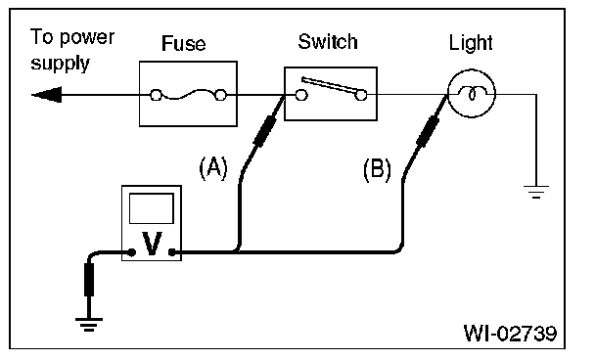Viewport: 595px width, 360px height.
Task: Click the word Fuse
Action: (184, 43)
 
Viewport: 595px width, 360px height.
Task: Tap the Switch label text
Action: (328, 41)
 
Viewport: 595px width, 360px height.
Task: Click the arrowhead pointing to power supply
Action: (46, 95)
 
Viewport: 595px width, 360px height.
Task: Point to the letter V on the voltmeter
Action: (152, 244)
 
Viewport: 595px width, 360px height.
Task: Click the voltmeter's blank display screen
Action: (152, 208)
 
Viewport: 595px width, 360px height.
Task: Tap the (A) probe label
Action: (213, 167)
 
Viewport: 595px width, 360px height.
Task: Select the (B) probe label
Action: (377, 169)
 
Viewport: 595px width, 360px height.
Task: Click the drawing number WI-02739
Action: (511, 333)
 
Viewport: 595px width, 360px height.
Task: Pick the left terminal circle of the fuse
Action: (156, 95)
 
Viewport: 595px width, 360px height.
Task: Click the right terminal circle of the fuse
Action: (220, 95)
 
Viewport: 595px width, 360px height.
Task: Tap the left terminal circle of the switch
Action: (301, 95)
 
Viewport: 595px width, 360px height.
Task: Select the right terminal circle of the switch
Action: (361, 95)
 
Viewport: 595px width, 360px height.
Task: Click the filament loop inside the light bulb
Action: (472, 94)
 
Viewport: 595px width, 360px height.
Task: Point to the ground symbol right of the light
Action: (536, 192)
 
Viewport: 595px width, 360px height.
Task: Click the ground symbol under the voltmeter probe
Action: (89, 325)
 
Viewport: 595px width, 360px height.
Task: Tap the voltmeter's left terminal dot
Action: (132, 252)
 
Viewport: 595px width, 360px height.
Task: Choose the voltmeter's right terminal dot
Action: (172, 252)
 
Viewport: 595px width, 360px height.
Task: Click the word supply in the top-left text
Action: (60, 64)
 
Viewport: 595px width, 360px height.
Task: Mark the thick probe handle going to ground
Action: (89, 280)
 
